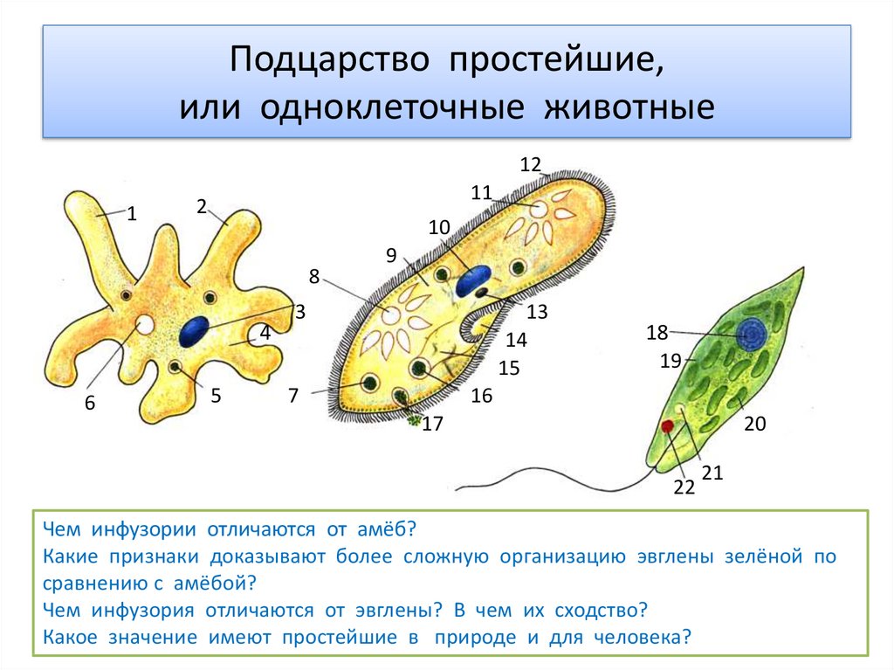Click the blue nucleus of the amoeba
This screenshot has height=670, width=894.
pyautogui.click(x=193, y=332)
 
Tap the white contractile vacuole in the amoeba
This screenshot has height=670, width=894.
pyautogui.click(x=144, y=325)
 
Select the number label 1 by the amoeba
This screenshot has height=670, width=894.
pyautogui.click(x=132, y=214)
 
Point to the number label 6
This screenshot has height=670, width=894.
pyautogui.click(x=90, y=403)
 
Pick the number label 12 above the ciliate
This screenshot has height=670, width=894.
pyautogui.click(x=530, y=164)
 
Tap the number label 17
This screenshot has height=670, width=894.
pyautogui.click(x=432, y=424)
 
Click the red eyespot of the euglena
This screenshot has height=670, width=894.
pyautogui.click(x=668, y=425)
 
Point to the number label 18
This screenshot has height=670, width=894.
pyautogui.click(x=657, y=332)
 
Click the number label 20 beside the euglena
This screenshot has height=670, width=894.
pyautogui.click(x=755, y=424)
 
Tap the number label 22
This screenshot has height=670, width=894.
pyautogui.click(x=684, y=487)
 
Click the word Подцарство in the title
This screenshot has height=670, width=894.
pyautogui.click(x=329, y=59)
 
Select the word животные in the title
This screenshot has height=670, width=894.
pyautogui.click(x=629, y=107)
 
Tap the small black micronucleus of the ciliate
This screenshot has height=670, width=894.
pyautogui.click(x=482, y=293)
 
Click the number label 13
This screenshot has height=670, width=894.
pyautogui.click(x=537, y=312)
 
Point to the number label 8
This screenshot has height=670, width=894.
pyautogui.click(x=314, y=277)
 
